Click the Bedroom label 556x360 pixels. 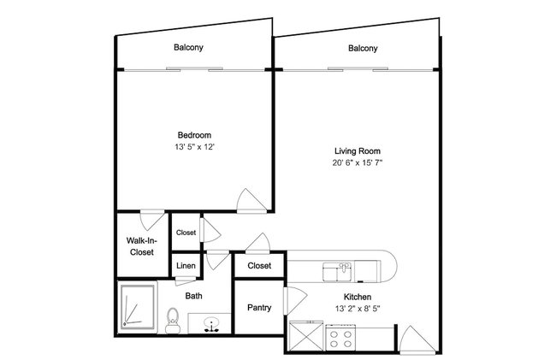(194, 135)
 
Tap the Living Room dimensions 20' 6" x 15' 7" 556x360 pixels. (358, 163)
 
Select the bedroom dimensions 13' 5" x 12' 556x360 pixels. (195, 147)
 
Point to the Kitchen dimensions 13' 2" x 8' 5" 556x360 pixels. (358, 309)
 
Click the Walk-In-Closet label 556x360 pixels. (141, 246)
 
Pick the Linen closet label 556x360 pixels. (186, 266)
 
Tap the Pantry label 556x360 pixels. (259, 308)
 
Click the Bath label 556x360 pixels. (193, 296)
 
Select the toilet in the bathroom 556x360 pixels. (173, 321)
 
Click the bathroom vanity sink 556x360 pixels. (211, 324)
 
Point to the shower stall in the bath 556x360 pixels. (138, 307)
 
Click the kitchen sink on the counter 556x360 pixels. (337, 272)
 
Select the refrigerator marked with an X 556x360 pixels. (306, 336)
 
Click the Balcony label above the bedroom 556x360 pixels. (188, 48)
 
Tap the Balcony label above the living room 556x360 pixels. (363, 48)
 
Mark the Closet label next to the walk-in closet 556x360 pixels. (186, 233)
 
